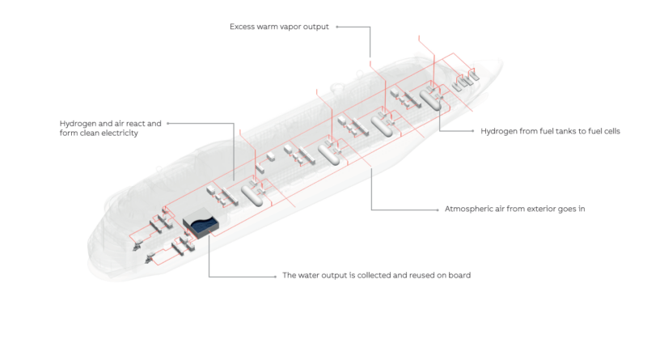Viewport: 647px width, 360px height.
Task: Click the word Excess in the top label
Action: click(242, 27)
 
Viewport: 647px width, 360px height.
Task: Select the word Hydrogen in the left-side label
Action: click(78, 124)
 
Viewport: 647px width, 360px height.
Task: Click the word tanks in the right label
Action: click(568, 131)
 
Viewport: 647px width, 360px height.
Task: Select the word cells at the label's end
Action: click(611, 131)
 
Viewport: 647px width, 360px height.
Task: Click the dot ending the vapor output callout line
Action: click(337, 27)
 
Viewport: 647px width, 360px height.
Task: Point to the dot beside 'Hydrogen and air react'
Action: click(168, 124)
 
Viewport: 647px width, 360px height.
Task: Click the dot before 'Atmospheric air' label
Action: click(438, 210)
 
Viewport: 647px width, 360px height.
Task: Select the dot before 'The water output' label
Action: click(275, 277)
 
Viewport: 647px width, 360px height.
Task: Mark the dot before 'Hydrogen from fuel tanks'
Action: click(473, 131)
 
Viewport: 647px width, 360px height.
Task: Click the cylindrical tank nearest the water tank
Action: click(252, 196)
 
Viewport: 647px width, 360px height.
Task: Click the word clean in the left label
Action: click(89, 133)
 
